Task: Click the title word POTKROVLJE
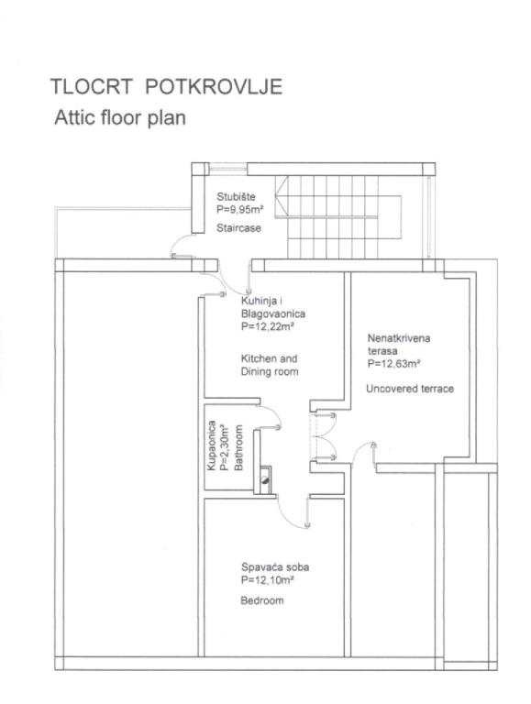214,87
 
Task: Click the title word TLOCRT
91,87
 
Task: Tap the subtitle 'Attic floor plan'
120,118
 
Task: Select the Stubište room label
236,197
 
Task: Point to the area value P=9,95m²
239,209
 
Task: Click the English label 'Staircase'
238,228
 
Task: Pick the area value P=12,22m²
267,326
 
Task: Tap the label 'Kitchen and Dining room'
270,365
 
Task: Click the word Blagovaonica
273,313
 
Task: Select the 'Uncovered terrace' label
410,389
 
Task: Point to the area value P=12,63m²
394,364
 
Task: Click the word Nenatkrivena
399,338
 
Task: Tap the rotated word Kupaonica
211,445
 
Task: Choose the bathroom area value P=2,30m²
225,447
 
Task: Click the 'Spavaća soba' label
275,567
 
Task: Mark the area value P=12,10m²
267,580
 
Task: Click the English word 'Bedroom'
262,600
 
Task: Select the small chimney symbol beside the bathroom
266,480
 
